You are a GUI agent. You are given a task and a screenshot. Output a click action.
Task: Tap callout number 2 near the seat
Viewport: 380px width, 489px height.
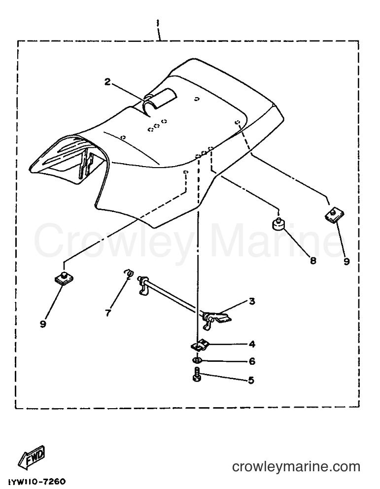tap(107, 82)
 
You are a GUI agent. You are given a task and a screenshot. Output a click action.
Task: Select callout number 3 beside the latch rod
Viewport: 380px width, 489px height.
tap(251, 302)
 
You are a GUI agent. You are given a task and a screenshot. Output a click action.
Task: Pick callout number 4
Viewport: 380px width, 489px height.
tap(252, 344)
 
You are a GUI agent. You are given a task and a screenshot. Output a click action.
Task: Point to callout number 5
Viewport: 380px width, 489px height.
tap(251, 380)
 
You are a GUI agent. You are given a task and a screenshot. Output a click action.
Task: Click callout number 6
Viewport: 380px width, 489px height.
tap(252, 361)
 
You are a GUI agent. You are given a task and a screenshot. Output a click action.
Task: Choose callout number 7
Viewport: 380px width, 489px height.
tap(108, 313)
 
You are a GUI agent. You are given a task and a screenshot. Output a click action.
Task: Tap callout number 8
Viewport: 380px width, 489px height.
tap(312, 260)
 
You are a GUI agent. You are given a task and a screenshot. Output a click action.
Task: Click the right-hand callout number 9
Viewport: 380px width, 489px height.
tap(346, 261)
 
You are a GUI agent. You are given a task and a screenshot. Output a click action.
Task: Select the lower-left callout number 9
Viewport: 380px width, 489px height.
tap(43, 324)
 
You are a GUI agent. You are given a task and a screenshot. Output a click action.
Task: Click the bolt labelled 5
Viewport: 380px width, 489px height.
tap(196, 374)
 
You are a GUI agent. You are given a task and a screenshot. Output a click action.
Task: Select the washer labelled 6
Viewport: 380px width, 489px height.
tap(197, 360)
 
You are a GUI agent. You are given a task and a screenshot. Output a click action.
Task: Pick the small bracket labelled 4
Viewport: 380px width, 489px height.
tap(199, 345)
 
